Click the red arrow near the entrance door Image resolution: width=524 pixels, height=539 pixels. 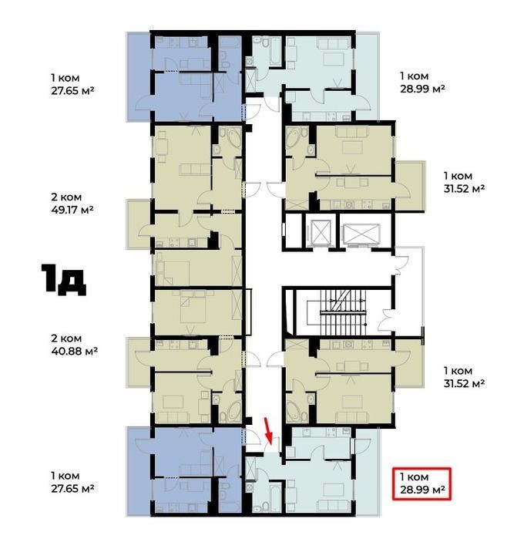pos(268,430)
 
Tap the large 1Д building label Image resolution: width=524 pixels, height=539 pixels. pos(64,280)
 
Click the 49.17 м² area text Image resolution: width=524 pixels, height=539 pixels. pos(72,210)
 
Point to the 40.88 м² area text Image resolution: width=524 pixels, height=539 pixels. pos(74,352)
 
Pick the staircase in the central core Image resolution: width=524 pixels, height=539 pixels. pos(342,312)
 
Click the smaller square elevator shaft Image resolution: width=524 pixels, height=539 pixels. pos(321,232)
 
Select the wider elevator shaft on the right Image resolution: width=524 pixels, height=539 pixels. pos(361,234)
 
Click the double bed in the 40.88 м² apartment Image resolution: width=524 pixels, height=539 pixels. pos(193,307)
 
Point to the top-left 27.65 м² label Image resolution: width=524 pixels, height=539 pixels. pos(72,91)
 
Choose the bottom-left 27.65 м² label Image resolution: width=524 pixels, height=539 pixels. pos(72,488)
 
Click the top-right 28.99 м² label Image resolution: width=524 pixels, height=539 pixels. pos(422,89)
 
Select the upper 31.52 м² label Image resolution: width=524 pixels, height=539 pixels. pos(464,189)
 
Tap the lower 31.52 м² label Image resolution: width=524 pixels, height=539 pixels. pos(464,383)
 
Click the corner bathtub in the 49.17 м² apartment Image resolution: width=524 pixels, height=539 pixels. pos(231,137)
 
